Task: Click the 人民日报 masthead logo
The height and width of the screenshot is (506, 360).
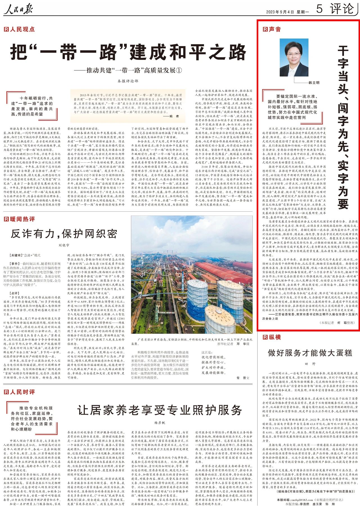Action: (x=19, y=9)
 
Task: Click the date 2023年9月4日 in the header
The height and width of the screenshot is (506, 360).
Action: (x=280, y=12)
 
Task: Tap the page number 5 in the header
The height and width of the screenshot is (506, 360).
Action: (x=319, y=9)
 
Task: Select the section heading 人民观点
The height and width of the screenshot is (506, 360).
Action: (x=19, y=29)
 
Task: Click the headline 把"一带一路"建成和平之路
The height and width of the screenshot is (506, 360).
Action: (x=128, y=52)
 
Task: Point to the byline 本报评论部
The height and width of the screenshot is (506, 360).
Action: (x=128, y=81)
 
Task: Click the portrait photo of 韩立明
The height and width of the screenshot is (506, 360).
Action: (x=294, y=58)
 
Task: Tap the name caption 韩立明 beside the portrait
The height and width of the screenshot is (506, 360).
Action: (x=314, y=83)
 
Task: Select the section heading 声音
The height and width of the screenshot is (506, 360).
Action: (x=272, y=29)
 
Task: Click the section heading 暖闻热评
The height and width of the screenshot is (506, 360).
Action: (x=19, y=219)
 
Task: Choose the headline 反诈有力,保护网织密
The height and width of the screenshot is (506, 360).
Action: (x=64, y=234)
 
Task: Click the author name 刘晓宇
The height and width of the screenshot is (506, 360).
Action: (x=64, y=245)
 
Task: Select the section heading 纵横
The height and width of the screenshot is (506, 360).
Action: (x=272, y=337)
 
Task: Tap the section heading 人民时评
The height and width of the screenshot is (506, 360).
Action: (x=19, y=392)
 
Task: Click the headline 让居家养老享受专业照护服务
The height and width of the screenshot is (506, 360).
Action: (x=160, y=410)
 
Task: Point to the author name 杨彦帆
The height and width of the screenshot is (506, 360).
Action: (x=160, y=423)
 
